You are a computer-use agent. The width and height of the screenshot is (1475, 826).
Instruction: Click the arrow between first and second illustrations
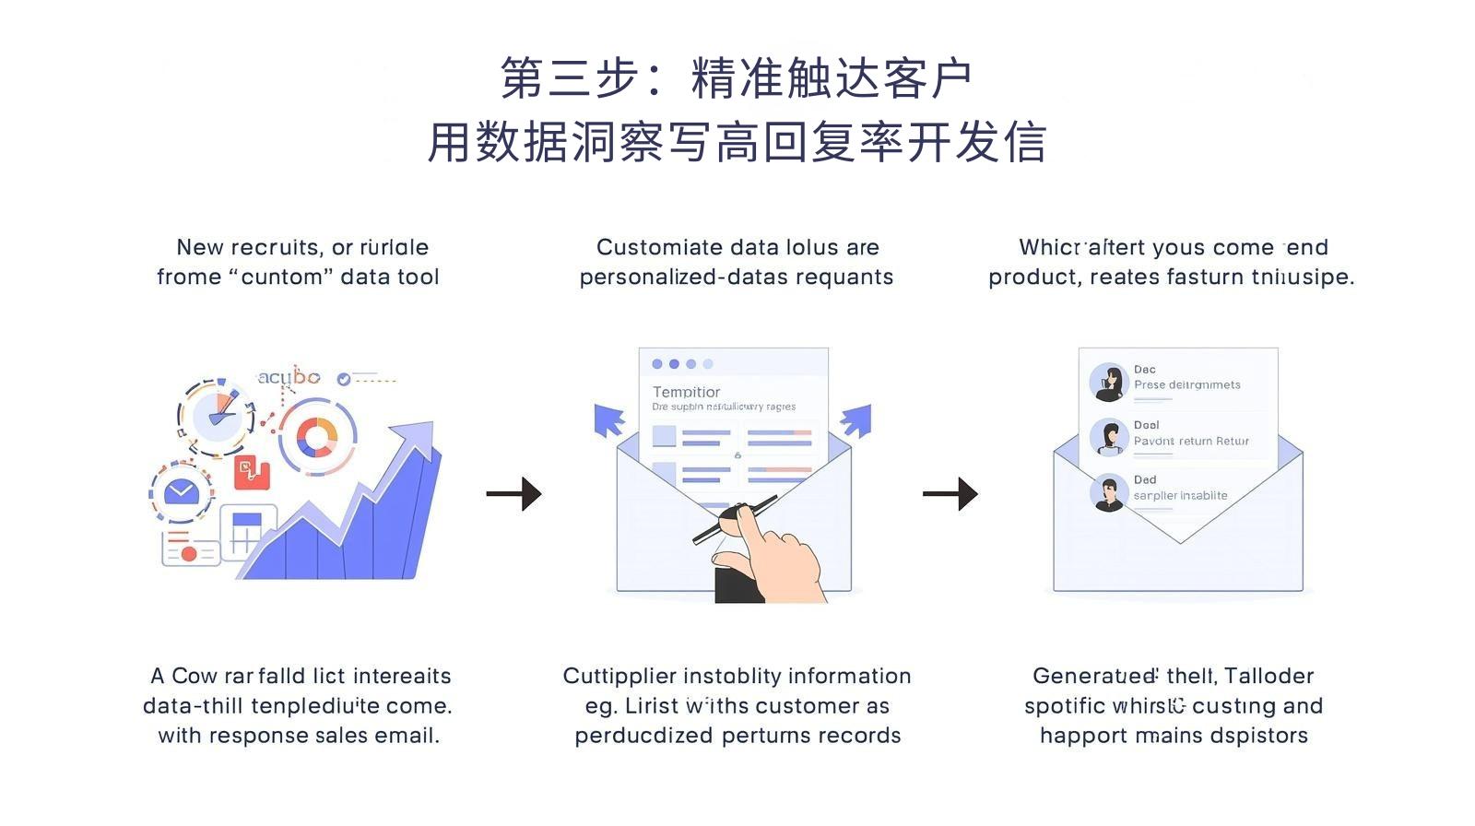click(513, 494)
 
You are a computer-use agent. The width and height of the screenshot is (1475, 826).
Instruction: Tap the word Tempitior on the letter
click(686, 392)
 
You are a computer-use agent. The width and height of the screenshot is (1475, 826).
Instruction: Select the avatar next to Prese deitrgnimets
click(1109, 382)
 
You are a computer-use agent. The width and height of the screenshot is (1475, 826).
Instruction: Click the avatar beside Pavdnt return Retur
click(1109, 437)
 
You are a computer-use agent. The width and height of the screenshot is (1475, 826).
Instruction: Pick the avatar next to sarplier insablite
click(1109, 493)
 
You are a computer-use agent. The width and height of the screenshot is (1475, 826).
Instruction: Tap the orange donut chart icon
click(317, 437)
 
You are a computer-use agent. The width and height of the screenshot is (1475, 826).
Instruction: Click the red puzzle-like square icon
click(251, 472)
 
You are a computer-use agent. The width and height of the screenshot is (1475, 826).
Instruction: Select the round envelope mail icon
click(182, 491)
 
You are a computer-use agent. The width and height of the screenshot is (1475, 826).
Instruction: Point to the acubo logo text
click(289, 377)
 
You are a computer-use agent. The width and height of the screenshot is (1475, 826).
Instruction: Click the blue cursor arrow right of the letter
click(856, 420)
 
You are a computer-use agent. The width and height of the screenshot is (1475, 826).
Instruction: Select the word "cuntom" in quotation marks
click(281, 277)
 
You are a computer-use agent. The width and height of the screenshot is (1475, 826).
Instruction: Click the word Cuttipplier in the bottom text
click(619, 676)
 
